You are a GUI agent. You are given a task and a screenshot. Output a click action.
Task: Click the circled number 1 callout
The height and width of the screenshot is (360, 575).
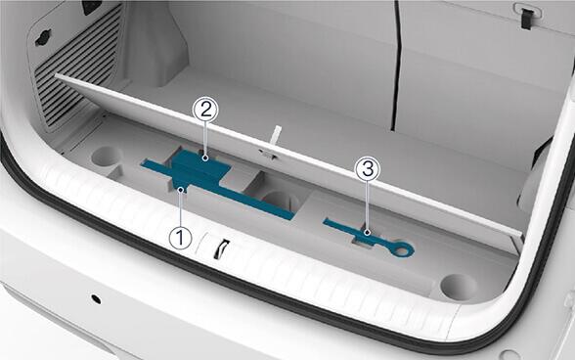[x=180, y=238]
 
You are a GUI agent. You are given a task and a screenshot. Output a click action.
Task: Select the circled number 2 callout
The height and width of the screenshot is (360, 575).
[x=205, y=111]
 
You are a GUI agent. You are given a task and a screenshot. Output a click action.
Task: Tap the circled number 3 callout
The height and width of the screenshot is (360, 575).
[x=368, y=170]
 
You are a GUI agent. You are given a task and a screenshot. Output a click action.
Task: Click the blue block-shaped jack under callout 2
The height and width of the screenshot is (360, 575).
[x=199, y=167]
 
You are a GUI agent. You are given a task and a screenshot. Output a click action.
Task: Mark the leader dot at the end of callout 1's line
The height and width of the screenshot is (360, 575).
[x=180, y=190]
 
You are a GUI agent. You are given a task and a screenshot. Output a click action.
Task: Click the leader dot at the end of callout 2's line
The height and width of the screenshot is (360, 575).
[x=205, y=158]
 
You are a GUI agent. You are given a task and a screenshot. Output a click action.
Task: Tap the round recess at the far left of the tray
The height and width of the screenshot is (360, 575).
[x=107, y=157]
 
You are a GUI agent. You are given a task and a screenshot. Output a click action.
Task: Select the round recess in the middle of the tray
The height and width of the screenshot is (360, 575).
[x=280, y=202]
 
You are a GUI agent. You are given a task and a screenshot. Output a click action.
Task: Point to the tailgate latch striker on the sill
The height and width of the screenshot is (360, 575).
[x=221, y=248]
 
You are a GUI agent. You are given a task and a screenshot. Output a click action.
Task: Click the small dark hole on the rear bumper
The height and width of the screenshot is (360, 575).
[x=96, y=299]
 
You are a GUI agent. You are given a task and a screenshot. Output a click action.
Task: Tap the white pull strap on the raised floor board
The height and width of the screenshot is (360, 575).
[x=276, y=137]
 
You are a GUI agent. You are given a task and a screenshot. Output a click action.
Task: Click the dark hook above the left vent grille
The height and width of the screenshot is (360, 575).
[x=43, y=38]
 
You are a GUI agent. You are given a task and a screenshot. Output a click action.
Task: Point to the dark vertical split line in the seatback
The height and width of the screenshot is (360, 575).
[x=396, y=67]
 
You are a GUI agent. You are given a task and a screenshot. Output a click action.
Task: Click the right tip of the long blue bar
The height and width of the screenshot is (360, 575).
[x=292, y=216]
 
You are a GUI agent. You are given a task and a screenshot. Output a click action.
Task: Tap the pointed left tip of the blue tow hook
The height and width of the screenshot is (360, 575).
[x=325, y=221]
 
